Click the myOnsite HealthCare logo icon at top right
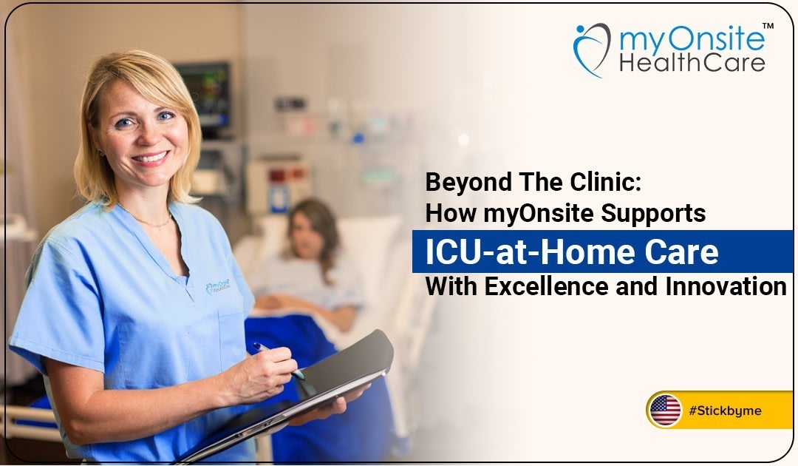pos(592,50)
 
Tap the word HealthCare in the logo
pos(692,62)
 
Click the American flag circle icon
pos(665,411)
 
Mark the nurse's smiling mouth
pos(150,158)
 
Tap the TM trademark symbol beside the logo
pos(768,27)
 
